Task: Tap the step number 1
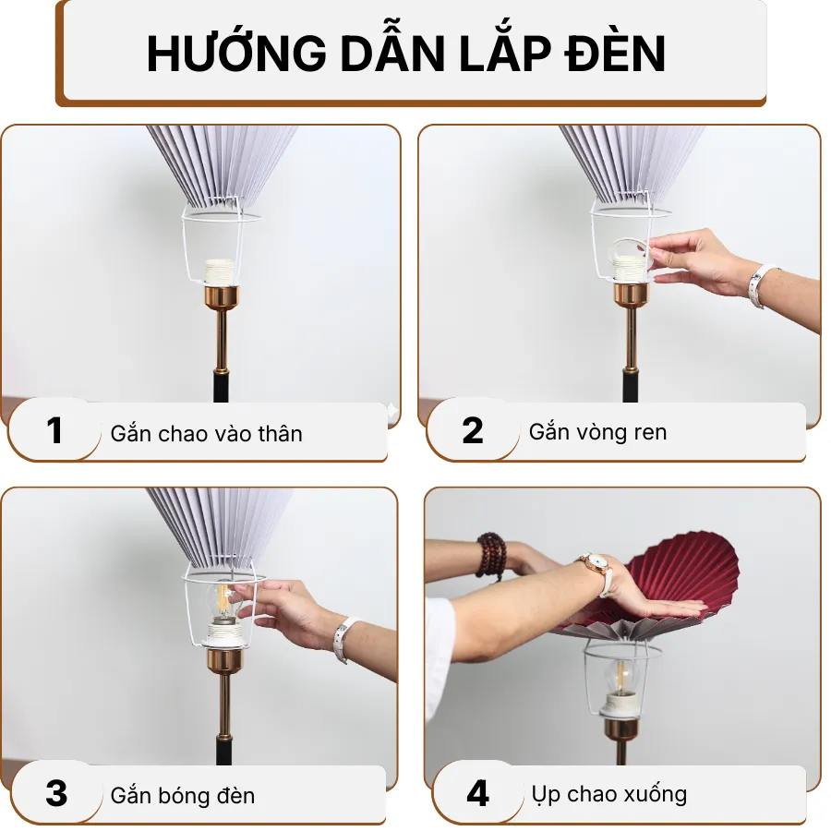(x=54, y=431)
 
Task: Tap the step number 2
(x=472, y=431)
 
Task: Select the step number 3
(x=56, y=794)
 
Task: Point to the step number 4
(x=477, y=794)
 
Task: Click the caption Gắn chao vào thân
(x=206, y=433)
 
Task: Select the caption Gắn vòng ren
(x=597, y=431)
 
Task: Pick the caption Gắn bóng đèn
(x=182, y=795)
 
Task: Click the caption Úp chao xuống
(x=609, y=793)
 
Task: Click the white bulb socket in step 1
(x=221, y=271)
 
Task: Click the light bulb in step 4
(x=621, y=680)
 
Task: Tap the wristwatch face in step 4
(x=593, y=562)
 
